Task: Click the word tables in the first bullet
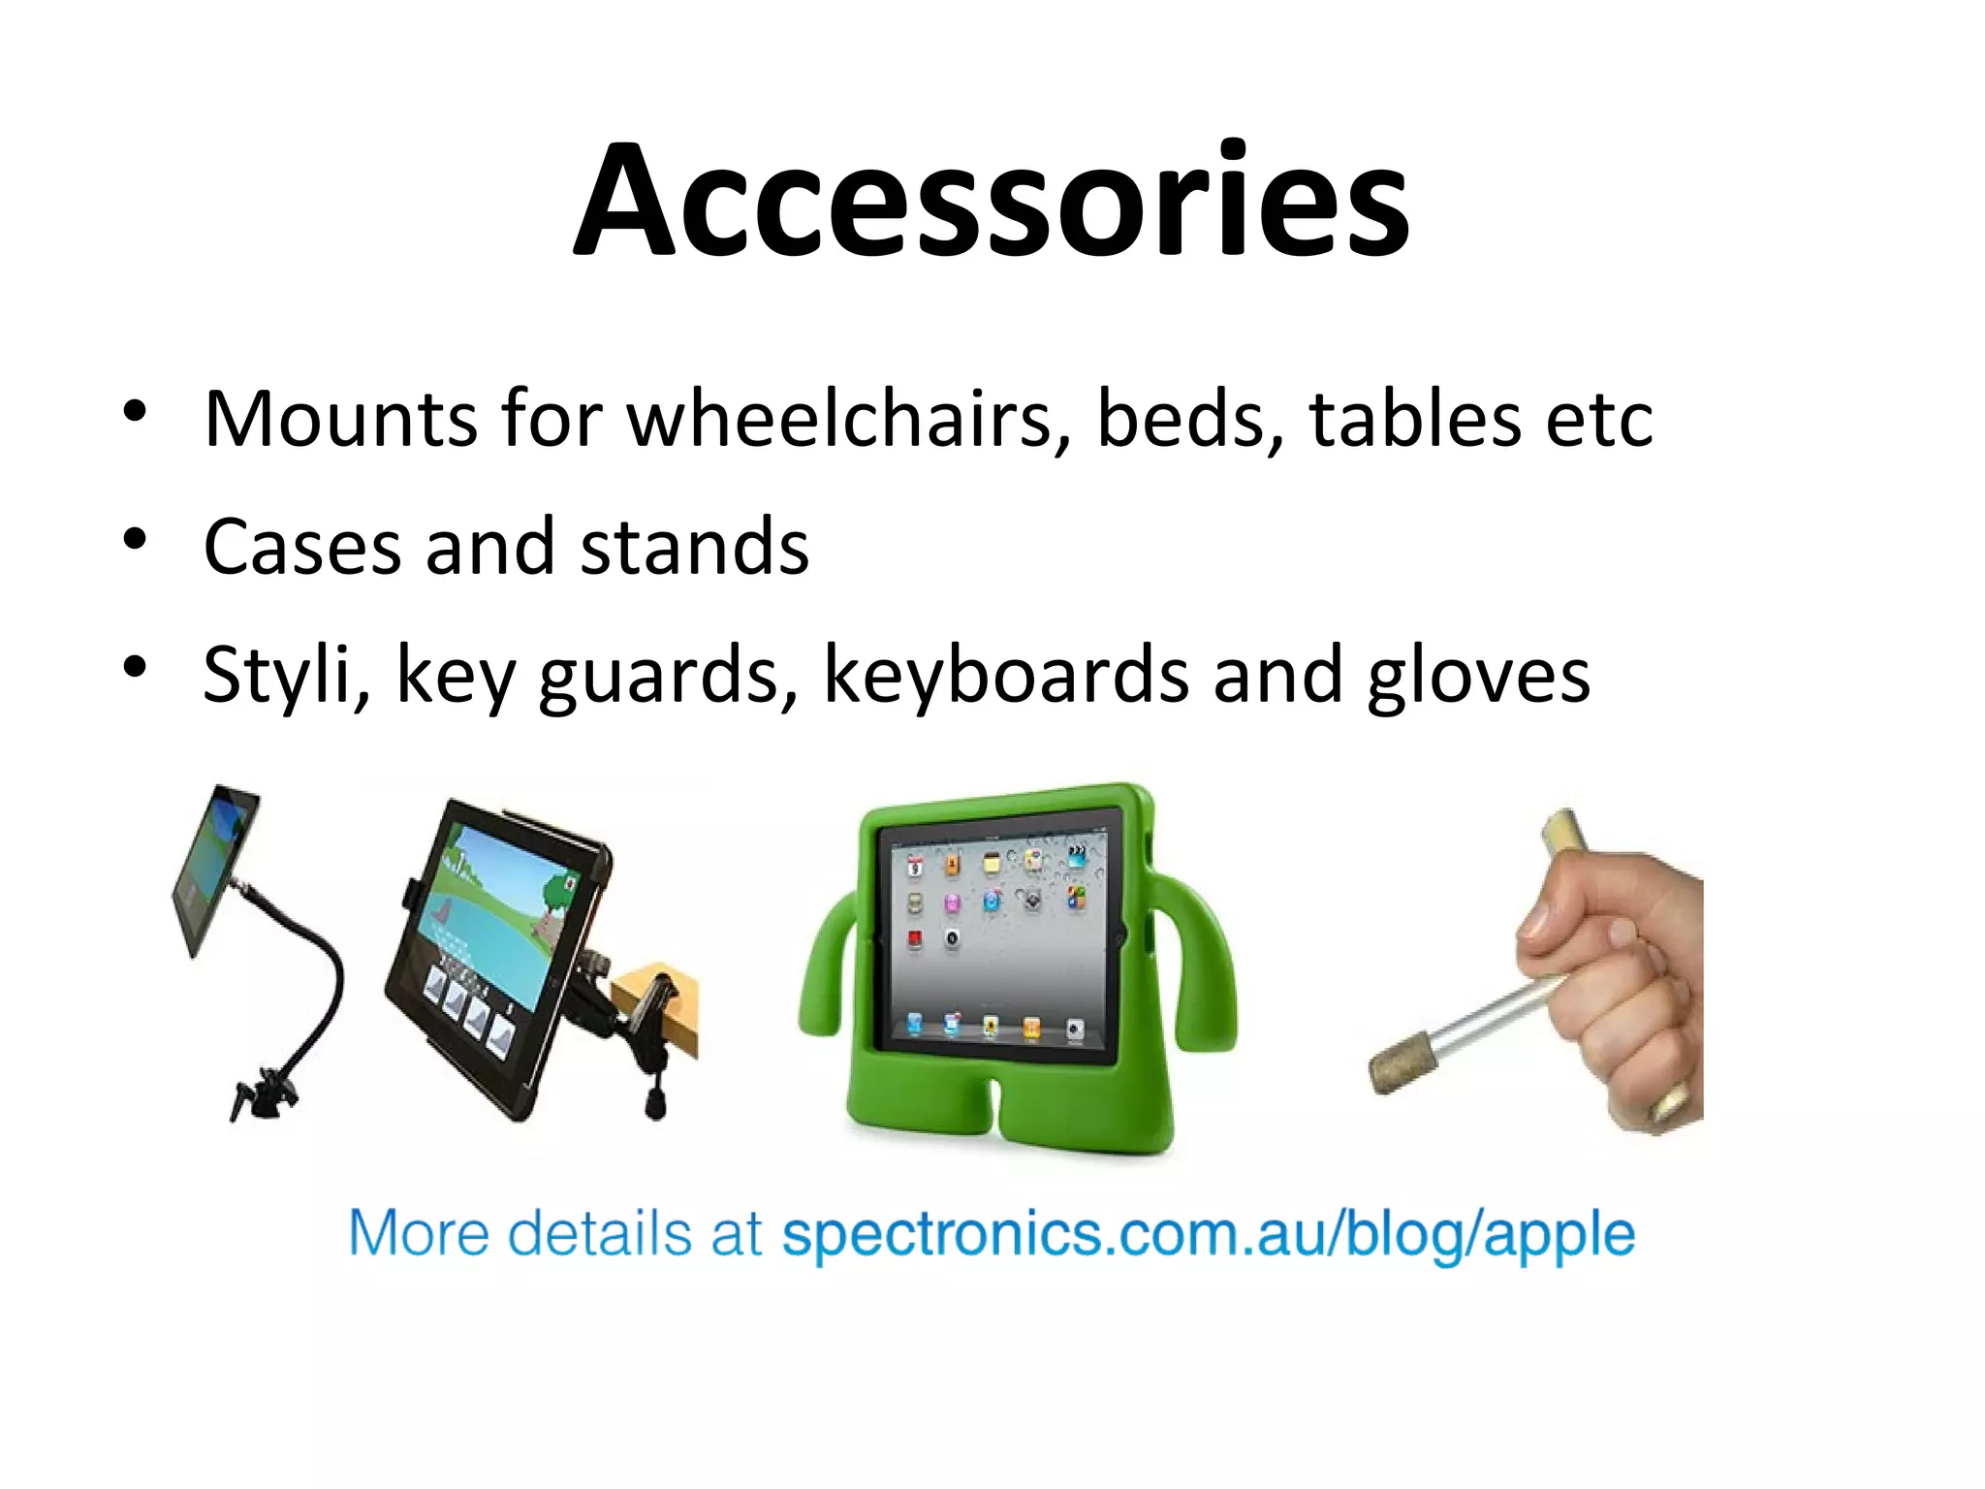coord(1414,419)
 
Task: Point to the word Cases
coord(301,547)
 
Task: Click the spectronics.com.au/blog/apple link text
coord(1208,1235)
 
